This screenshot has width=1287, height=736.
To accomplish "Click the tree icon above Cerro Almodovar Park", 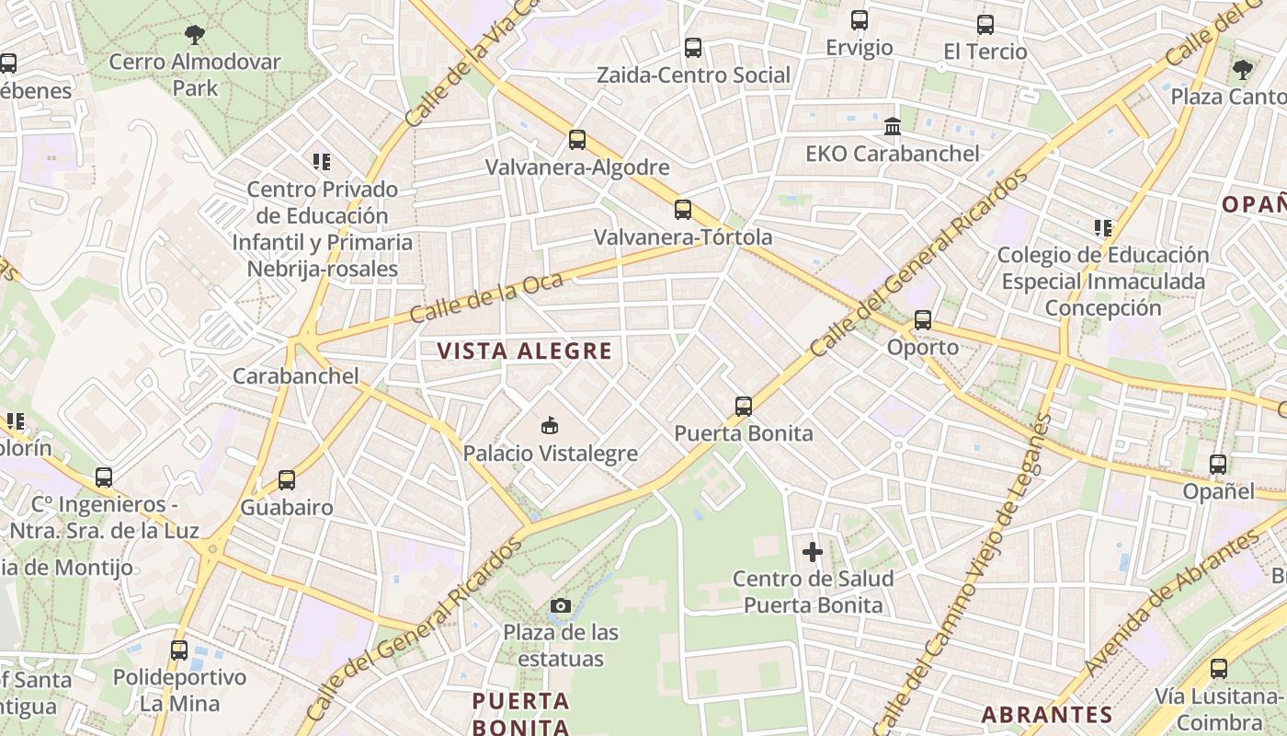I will coord(194,35).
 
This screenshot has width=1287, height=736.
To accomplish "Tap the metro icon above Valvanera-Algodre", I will coord(576,140).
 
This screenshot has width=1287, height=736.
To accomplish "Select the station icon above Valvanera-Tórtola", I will coord(682,209).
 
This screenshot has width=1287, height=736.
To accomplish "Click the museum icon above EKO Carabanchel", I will coord(892,126).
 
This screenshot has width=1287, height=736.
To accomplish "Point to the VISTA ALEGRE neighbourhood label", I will coord(524,351).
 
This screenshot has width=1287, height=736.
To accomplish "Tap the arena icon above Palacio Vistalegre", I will coord(550,425).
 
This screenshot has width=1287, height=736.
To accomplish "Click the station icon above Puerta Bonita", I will coord(743,406).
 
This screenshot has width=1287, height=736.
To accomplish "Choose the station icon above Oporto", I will coord(922,320).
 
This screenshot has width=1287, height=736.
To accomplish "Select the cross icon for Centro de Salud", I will coord(813,552).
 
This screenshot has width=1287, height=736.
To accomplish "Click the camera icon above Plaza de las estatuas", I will coord(560,605).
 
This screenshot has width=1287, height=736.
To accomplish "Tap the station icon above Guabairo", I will coord(286,480).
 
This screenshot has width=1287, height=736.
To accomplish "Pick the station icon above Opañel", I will coord(1217,465).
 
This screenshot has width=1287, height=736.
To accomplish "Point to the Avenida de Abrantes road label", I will coord(1172,604).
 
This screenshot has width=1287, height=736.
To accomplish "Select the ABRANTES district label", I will coord(1046,714).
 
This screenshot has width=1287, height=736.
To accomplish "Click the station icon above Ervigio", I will coord(859,20).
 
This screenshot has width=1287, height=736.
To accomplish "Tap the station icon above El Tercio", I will coord(985,25).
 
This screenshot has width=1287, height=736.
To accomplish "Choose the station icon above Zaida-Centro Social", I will coord(692,48).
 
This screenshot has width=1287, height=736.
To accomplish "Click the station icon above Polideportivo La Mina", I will coord(178,650).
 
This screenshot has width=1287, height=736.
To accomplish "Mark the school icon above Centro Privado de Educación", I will coord(321,163).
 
